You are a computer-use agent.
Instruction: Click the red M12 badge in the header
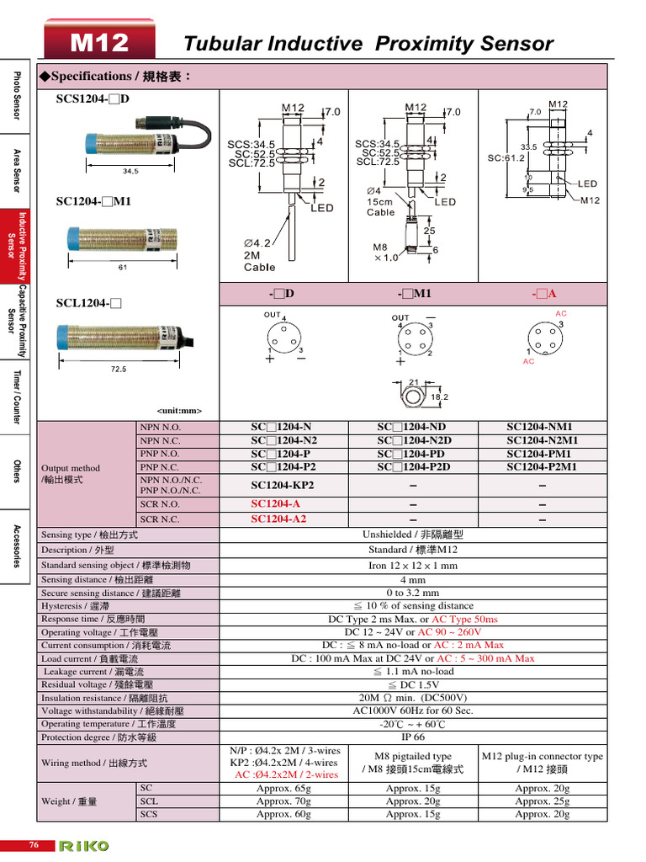tap(99, 42)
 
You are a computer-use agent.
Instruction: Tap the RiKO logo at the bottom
tap(83, 845)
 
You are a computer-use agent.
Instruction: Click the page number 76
tap(34, 845)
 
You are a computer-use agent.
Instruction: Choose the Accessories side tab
tap(15, 545)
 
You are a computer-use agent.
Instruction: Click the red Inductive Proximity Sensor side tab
tap(15, 246)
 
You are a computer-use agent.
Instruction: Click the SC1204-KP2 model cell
tap(283, 486)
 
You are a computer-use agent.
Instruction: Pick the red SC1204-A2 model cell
tap(278, 519)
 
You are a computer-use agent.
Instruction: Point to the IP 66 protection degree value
tap(412, 737)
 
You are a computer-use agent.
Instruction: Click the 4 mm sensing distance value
tap(412, 580)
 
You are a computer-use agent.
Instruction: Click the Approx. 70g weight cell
tap(283, 801)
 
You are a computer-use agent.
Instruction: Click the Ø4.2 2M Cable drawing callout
tap(259, 255)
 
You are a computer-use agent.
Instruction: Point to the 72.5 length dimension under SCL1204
tap(118, 369)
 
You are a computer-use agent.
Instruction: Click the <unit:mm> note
tap(179, 411)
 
